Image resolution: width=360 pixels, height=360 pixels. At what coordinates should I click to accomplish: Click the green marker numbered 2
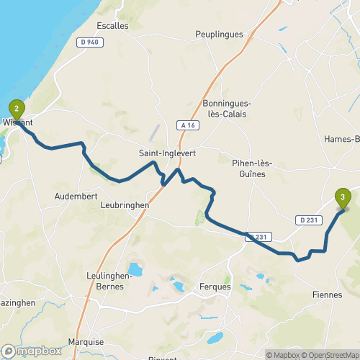(x=16, y=109)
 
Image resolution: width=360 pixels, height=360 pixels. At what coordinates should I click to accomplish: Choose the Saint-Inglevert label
(x=167, y=154)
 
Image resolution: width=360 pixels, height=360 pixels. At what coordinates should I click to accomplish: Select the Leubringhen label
(x=121, y=204)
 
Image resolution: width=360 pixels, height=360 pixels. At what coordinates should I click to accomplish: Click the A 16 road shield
(x=189, y=125)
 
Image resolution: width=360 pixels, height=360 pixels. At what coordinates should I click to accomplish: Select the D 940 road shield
(x=89, y=42)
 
